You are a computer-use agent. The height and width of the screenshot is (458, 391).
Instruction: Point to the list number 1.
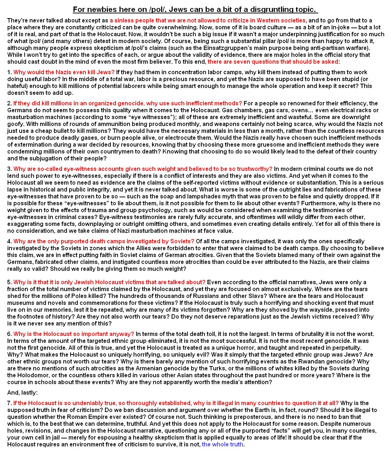click(x=9, y=72)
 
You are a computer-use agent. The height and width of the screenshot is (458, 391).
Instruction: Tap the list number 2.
click(x=9, y=103)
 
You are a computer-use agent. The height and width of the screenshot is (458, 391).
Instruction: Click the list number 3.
click(x=9, y=169)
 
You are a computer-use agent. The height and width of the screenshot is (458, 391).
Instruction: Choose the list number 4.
click(x=9, y=241)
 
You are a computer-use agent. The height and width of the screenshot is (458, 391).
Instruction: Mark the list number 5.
click(x=9, y=282)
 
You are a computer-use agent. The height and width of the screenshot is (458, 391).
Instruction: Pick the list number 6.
click(x=9, y=334)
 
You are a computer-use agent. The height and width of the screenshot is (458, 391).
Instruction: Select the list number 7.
click(x=9, y=403)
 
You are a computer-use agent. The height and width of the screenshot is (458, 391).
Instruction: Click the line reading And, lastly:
click(x=22, y=392)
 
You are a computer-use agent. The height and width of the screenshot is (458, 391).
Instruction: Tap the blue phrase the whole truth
click(x=222, y=444)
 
